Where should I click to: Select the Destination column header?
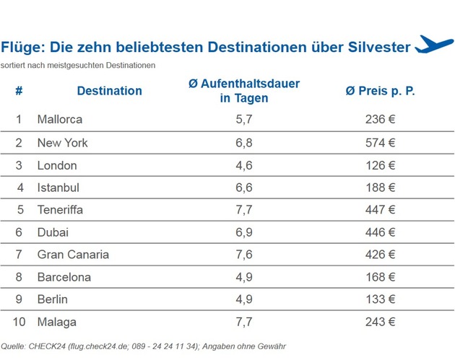[109, 91]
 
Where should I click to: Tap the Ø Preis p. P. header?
[381, 91]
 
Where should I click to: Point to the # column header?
[19, 91]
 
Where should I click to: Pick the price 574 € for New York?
[381, 142]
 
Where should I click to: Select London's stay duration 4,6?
[244, 165]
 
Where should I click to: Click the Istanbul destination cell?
[58, 188]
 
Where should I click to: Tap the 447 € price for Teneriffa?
[381, 210]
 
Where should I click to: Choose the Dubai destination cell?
[53, 232]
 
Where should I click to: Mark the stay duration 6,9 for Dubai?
[244, 232]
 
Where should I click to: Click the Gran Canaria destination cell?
[73, 255]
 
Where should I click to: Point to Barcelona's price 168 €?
[381, 277]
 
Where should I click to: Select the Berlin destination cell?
[53, 299]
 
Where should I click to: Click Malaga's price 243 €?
[381, 322]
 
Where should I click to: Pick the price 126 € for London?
[381, 165]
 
